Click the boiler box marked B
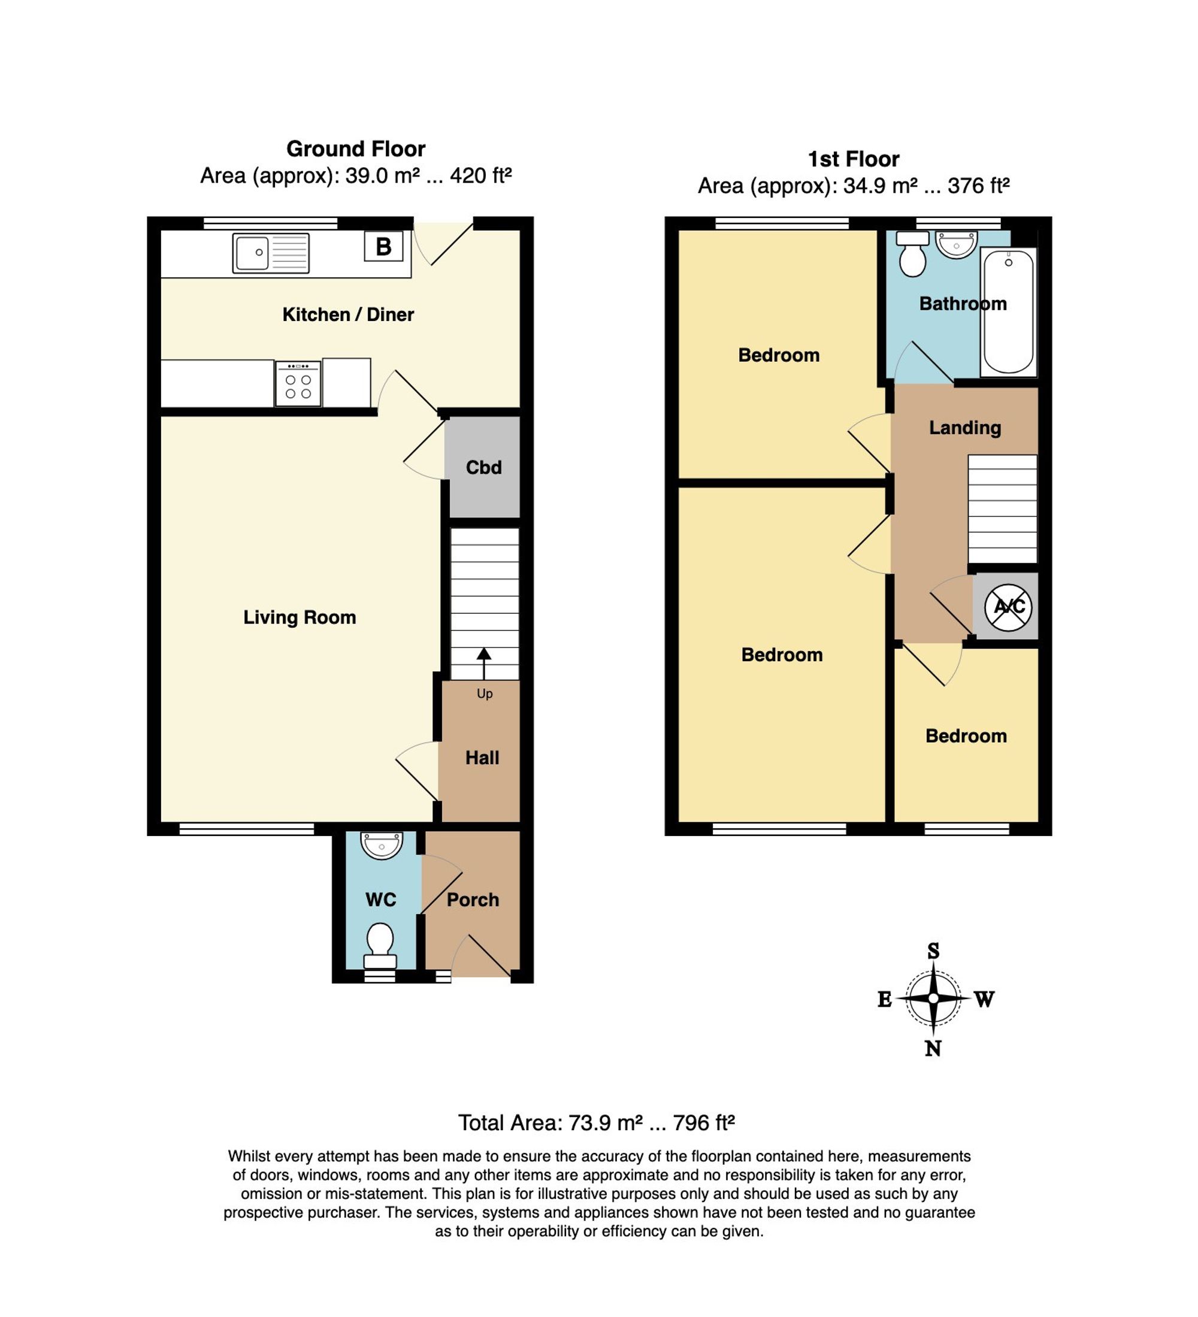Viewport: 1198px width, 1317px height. click(383, 247)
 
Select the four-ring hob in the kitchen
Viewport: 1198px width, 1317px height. click(298, 383)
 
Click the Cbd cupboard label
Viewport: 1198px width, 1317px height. click(483, 467)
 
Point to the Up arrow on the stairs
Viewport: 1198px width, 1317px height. click(484, 664)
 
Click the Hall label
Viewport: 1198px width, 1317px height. click(482, 758)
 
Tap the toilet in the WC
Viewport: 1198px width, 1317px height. click(380, 945)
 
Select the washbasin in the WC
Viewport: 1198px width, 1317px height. click(382, 845)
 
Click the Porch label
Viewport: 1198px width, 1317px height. click(473, 900)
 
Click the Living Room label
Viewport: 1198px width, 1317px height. click(300, 617)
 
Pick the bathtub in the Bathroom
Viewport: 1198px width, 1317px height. click(1009, 312)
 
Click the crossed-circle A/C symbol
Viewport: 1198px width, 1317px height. click(1009, 607)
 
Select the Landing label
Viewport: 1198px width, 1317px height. click(965, 428)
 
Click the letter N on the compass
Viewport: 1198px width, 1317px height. click(933, 1049)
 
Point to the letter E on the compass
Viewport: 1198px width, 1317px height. click(885, 999)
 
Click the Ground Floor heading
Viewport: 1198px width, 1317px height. click(356, 149)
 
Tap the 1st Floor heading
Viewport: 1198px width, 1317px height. click(854, 159)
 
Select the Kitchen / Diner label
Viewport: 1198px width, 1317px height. click(348, 314)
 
